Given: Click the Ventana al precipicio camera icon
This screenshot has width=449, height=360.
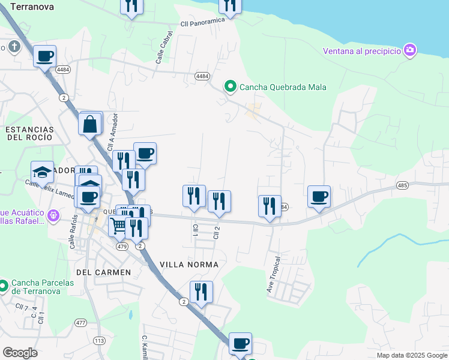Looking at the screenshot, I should [x=410, y=50].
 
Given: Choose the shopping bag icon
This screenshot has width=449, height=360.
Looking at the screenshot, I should [x=90, y=124].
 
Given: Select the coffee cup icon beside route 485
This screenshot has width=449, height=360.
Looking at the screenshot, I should [x=319, y=196].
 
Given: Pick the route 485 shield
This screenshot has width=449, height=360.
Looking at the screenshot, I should [x=403, y=185].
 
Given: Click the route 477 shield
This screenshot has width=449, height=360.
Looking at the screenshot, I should [x=80, y=323].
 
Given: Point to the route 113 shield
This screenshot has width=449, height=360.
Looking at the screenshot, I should [x=99, y=341].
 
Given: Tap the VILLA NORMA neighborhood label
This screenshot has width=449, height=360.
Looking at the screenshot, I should [x=188, y=264].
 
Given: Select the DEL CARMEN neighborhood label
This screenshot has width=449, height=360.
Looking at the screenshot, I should [x=104, y=272].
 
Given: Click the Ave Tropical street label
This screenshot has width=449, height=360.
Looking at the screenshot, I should [x=273, y=276].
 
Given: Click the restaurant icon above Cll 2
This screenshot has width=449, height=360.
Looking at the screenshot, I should [x=219, y=202].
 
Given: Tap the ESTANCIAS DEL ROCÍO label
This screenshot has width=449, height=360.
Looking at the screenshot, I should [x=29, y=133].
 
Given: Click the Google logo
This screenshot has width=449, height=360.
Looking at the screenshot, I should [x=20, y=352].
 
